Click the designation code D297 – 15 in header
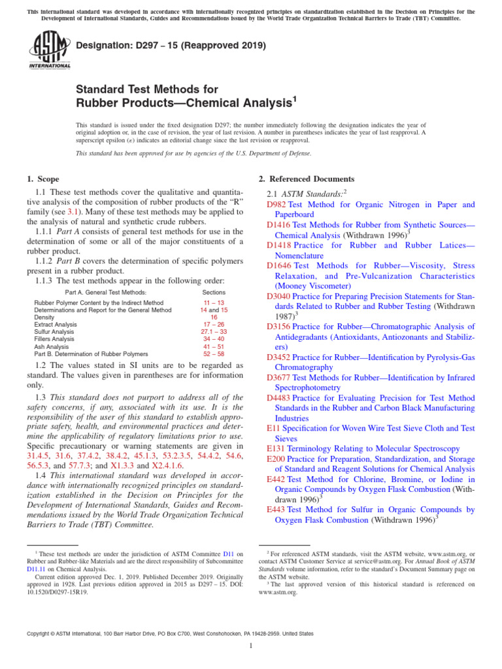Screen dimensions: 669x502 coord(171,46)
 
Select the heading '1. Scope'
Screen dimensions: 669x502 coord(43,179)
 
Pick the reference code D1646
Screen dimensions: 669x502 coord(279,266)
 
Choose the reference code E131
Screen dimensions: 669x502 coord(275,449)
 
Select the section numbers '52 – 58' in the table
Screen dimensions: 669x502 coord(214,353)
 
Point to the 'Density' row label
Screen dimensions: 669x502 coord(45,317)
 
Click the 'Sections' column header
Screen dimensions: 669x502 coord(214,292)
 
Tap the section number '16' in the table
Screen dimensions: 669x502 coord(214,317)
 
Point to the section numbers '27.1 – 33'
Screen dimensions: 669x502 coord(214,332)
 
